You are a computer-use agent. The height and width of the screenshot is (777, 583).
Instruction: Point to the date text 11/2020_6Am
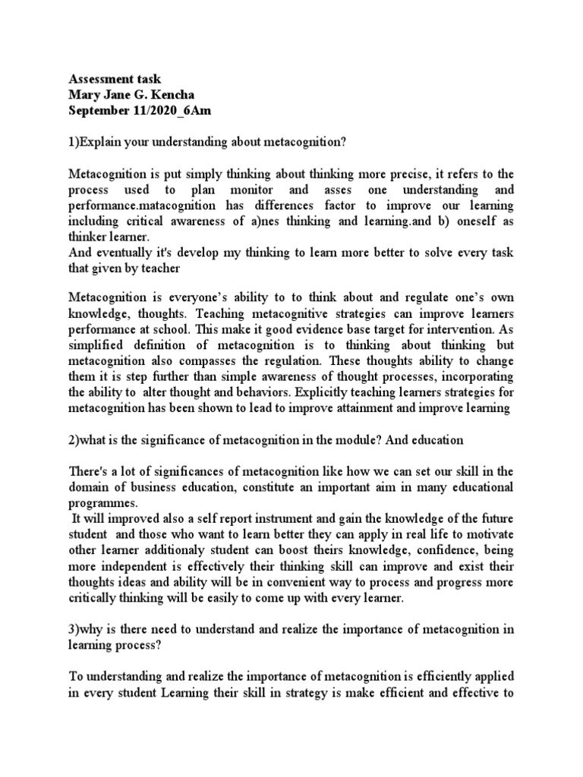pyautogui.click(x=174, y=110)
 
